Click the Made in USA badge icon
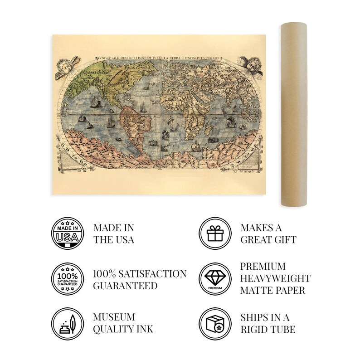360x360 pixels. point(67,234)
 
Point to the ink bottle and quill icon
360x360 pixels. point(67,322)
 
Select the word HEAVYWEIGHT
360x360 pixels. point(275,278)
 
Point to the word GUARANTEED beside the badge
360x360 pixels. point(125,285)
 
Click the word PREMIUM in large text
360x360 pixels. point(263,266)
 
